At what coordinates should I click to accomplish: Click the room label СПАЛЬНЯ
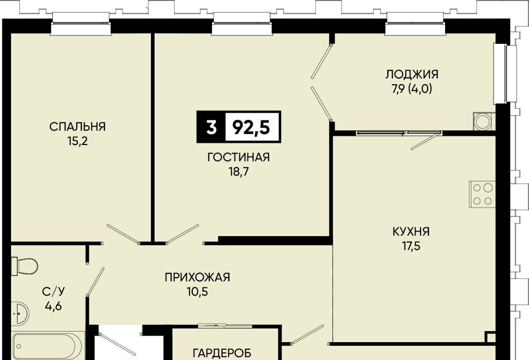coord(77,126)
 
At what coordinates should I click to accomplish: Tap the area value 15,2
coord(78,141)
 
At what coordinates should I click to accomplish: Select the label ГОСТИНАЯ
coord(238,157)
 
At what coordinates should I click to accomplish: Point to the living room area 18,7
coord(238,172)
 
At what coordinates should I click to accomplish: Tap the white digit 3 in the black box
coord(211,127)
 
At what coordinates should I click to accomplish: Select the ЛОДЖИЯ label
coord(412,74)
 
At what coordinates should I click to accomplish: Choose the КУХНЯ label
coord(411,231)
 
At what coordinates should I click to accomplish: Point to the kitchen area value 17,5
coord(411,246)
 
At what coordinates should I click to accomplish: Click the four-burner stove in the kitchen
coord(482,194)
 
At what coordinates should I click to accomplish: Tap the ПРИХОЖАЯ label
coord(198,277)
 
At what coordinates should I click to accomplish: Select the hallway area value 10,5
coord(198,292)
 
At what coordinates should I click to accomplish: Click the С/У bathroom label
coord(53,291)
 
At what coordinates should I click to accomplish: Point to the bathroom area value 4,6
coord(53,306)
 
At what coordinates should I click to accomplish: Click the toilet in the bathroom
coord(24,266)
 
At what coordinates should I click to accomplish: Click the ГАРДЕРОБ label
coord(222,353)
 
